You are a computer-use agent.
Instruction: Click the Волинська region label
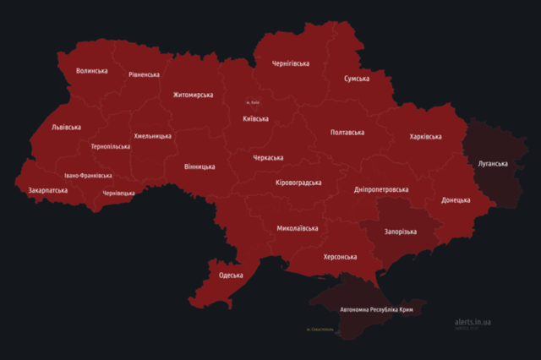click(91, 71)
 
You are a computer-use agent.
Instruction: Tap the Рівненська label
click(144, 74)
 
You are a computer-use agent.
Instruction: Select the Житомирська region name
click(193, 95)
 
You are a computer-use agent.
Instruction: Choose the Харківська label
click(424, 136)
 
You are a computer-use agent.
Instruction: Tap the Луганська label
click(492, 162)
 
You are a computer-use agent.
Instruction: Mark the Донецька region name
click(456, 200)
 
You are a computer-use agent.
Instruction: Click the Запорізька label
click(400, 232)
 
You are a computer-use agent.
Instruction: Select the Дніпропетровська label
click(380, 190)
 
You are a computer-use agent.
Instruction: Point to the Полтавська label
click(347, 133)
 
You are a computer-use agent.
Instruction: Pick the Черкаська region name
click(268, 158)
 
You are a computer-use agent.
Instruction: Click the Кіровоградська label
click(298, 183)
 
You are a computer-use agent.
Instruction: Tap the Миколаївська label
click(298, 228)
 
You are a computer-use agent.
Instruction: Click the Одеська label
click(231, 275)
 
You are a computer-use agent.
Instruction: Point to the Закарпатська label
click(48, 191)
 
